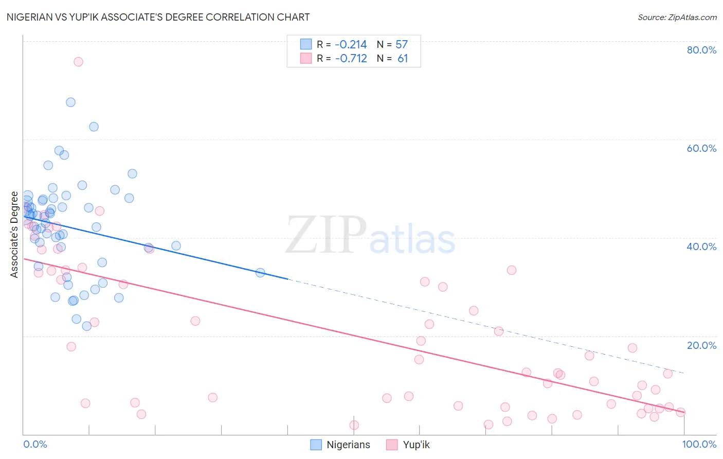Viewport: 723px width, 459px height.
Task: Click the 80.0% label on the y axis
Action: pyautogui.click(x=701, y=50)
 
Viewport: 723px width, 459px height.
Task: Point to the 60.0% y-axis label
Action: pyautogui.click(x=701, y=148)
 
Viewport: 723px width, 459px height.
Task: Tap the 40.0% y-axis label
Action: pyautogui.click(x=701, y=246)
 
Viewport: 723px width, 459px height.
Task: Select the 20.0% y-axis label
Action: pyautogui.click(x=701, y=345)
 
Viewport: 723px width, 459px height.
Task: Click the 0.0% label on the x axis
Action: pyautogui.click(x=35, y=445)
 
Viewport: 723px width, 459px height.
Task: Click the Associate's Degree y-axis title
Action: pyautogui.click(x=14, y=235)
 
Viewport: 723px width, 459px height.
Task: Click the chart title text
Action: pyautogui.click(x=158, y=17)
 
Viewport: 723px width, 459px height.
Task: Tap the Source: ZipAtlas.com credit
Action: pyautogui.click(x=677, y=17)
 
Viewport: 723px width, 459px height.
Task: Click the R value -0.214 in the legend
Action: pyautogui.click(x=351, y=45)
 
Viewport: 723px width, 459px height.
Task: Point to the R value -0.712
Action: pyautogui.click(x=351, y=59)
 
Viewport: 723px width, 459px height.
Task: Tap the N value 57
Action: pyautogui.click(x=402, y=45)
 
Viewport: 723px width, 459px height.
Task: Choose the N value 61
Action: pyautogui.click(x=403, y=59)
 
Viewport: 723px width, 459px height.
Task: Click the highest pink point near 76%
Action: pyautogui.click(x=78, y=62)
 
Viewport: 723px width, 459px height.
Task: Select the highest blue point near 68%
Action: pyautogui.click(x=70, y=102)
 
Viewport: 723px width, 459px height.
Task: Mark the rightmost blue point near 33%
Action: pyautogui.click(x=260, y=273)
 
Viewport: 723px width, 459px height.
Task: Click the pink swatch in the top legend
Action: pyautogui.click(x=306, y=58)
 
